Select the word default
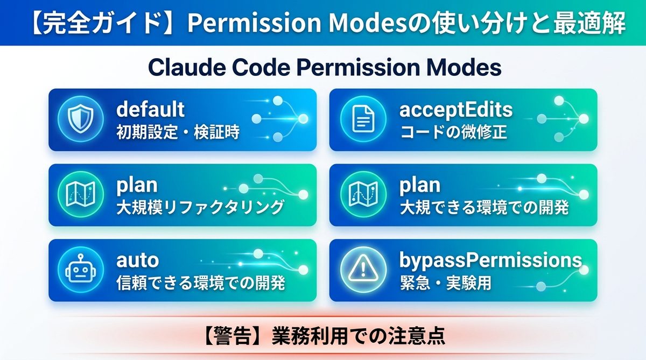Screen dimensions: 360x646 [150, 110]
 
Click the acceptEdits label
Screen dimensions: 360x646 [455, 110]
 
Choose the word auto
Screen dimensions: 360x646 [137, 260]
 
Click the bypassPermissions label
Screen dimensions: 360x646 [490, 260]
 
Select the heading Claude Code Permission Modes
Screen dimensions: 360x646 [324, 68]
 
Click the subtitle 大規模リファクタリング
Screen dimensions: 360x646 [200, 208]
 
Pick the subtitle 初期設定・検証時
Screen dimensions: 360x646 [178, 132]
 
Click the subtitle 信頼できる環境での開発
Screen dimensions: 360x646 [200, 283]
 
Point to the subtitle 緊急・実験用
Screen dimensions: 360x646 [445, 283]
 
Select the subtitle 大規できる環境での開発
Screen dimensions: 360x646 [483, 208]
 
